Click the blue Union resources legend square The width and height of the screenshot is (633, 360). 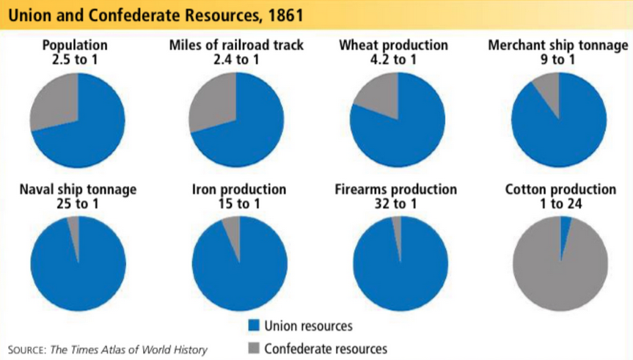(x=255, y=326)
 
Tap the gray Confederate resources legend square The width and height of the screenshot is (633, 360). (x=255, y=348)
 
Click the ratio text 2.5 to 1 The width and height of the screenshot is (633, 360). (x=75, y=59)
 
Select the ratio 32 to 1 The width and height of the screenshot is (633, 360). (x=396, y=204)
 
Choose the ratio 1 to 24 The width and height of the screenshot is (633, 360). (x=560, y=204)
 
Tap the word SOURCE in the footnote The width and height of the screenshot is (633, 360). (x=26, y=349)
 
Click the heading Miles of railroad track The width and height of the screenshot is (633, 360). (x=236, y=45)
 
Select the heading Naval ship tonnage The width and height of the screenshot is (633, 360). (x=78, y=190)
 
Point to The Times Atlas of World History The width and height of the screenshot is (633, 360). (x=128, y=349)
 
